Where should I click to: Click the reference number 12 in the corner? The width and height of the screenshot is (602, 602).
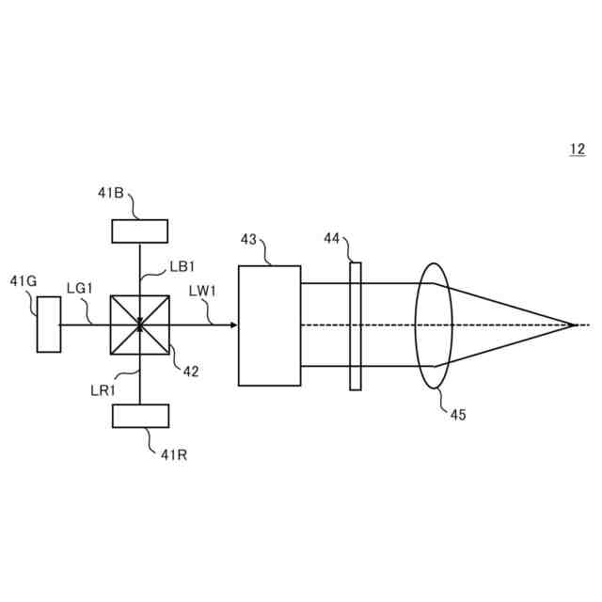click(577, 149)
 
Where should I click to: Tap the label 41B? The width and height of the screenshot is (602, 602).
click(111, 193)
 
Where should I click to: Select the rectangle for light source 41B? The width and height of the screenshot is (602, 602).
click(139, 230)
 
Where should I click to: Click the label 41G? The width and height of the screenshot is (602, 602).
click(24, 280)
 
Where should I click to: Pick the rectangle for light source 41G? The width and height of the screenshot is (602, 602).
click(49, 324)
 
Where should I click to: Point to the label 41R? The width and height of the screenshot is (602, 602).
click(174, 454)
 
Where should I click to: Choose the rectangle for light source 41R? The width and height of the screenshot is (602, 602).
click(140, 415)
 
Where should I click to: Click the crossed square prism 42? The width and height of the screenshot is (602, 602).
click(139, 325)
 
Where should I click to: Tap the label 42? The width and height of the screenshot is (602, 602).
click(191, 372)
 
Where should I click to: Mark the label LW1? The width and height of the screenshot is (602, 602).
click(203, 291)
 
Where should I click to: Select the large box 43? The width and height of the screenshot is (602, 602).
click(269, 325)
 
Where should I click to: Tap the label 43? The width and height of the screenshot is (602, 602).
click(249, 239)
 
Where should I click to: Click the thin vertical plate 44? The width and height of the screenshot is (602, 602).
click(355, 325)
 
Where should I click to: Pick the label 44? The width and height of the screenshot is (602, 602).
click(332, 239)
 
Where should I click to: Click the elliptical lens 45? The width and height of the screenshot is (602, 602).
click(433, 325)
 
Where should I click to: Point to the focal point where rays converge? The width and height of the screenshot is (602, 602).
click(573, 325)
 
